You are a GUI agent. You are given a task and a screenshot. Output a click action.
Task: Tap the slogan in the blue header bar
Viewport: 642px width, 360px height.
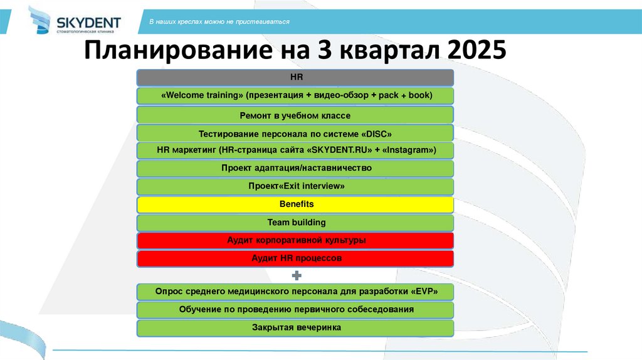219,22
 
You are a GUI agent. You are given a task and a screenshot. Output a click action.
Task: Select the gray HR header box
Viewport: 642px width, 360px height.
295,77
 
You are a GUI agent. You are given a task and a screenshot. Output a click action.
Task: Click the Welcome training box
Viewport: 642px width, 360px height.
295,96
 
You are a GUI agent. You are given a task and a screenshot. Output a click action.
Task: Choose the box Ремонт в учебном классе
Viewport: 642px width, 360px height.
295,115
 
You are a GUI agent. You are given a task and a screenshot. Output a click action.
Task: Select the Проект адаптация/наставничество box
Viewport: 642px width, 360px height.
295,169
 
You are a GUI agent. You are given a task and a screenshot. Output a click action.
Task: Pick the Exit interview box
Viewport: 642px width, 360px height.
295,187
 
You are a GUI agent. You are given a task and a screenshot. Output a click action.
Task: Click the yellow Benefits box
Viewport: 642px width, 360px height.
295,204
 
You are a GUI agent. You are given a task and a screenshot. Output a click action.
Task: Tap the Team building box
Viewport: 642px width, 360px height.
295,223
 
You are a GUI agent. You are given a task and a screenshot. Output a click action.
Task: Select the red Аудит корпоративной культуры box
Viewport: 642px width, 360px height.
295,241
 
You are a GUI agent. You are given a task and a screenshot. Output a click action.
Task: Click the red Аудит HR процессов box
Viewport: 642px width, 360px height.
295,258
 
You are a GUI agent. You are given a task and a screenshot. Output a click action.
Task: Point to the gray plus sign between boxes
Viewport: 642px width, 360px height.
297,275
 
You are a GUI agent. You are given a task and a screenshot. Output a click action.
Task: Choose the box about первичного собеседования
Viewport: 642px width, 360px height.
295,310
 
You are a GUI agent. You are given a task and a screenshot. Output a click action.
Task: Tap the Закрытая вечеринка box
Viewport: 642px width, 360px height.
295,328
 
